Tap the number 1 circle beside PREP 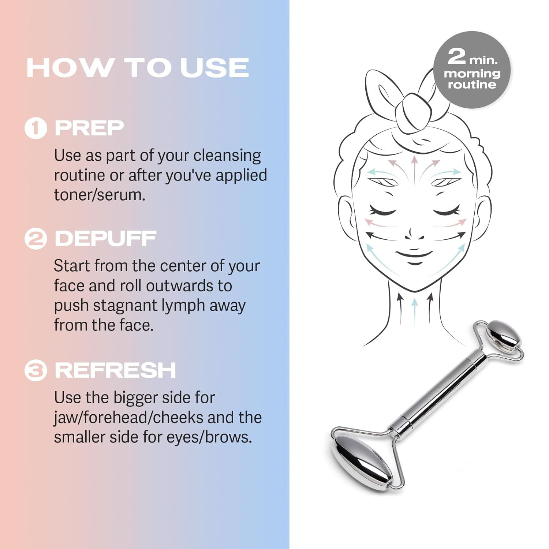tap(36, 128)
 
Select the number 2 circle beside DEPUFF tap(36, 239)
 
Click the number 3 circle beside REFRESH tap(36, 370)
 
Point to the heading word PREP tap(89, 128)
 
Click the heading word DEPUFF tap(105, 239)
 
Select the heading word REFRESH tap(115, 370)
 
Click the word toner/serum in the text tap(100, 195)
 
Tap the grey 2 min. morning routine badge tap(472, 70)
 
